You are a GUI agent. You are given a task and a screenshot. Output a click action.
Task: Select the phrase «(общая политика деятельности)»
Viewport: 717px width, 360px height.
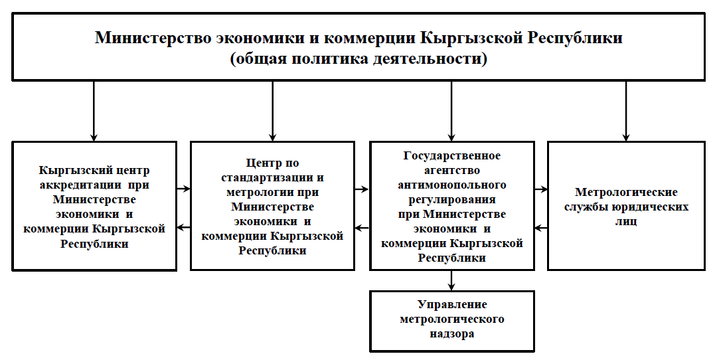[x=358, y=59]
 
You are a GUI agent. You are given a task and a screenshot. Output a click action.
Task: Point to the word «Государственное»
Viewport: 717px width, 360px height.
[x=452, y=155]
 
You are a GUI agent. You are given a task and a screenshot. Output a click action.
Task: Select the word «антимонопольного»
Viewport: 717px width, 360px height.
[x=452, y=185]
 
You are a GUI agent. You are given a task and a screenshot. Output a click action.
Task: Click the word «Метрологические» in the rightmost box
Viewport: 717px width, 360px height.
[x=626, y=192]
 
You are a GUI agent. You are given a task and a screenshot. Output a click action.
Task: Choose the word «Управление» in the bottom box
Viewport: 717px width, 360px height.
[x=452, y=305]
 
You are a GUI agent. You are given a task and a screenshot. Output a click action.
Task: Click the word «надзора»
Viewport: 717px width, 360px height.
[x=452, y=334]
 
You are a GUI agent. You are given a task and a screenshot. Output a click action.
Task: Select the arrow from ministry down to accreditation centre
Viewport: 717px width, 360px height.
[x=94, y=111]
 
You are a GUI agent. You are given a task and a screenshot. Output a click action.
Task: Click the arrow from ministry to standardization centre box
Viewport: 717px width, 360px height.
[x=273, y=111]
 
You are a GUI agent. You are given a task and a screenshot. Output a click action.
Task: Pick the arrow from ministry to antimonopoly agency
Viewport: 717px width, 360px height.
[x=451, y=111]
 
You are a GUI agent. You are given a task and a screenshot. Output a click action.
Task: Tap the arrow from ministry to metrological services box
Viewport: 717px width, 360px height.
[x=626, y=111]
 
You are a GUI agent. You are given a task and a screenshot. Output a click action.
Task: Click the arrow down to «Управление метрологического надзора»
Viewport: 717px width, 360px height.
[x=451, y=280]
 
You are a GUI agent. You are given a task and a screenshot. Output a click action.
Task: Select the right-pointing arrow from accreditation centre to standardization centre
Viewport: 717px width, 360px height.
[x=183, y=189]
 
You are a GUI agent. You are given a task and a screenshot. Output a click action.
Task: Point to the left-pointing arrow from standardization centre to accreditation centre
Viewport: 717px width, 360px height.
[x=183, y=227]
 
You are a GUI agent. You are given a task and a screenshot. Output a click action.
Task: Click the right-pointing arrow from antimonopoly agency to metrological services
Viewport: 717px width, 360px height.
[x=541, y=189]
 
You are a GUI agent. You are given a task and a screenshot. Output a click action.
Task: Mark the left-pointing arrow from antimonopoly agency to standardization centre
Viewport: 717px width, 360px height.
[x=362, y=227]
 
